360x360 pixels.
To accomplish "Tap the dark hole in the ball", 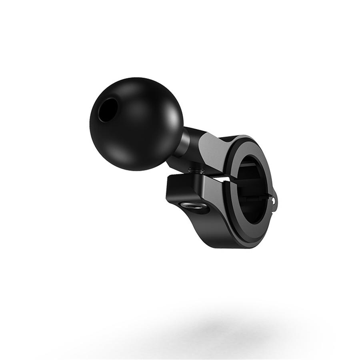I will pyautogui.click(x=108, y=110).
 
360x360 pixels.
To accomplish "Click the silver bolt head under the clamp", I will pyautogui.click(x=195, y=206).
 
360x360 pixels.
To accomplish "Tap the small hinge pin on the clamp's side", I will pyautogui.click(x=275, y=200).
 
